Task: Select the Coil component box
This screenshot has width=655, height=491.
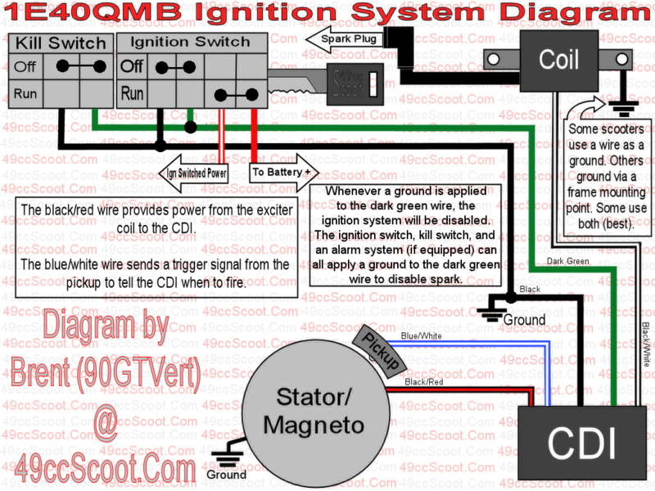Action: [x=558, y=60]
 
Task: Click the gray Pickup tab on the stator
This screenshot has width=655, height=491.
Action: [x=378, y=347]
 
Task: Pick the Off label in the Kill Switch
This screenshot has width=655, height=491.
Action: [x=25, y=67]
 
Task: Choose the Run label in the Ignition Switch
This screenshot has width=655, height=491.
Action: [x=133, y=94]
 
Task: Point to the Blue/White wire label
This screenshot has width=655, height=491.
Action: [x=422, y=336]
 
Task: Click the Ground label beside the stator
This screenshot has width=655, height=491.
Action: [x=227, y=474]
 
